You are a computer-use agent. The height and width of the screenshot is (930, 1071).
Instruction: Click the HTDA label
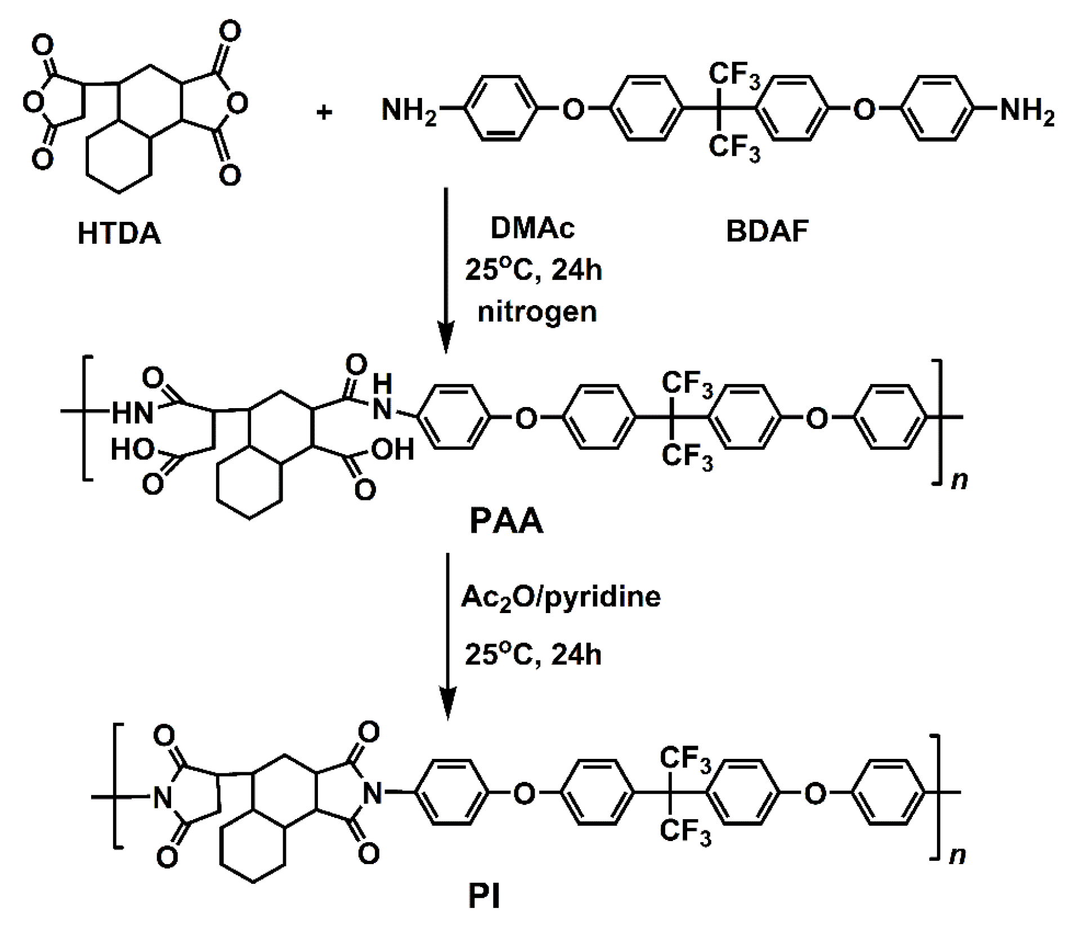pyautogui.click(x=119, y=233)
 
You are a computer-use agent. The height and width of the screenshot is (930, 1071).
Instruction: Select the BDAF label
pyautogui.click(x=767, y=231)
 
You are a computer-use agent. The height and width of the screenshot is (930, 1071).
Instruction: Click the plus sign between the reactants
pyautogui.click(x=324, y=113)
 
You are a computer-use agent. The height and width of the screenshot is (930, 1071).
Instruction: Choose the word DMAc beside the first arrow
pyautogui.click(x=532, y=229)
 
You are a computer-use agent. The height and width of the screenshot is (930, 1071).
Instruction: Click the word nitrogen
pyautogui.click(x=537, y=311)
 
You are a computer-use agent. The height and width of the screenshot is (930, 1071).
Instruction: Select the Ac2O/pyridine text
pyautogui.click(x=561, y=597)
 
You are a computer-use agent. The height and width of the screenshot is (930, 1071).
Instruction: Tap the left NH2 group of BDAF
pyautogui.click(x=409, y=110)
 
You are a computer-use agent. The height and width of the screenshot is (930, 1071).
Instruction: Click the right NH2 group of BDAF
pyautogui.click(x=1026, y=110)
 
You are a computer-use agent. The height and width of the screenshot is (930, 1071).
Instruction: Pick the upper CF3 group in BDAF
pyautogui.click(x=734, y=76)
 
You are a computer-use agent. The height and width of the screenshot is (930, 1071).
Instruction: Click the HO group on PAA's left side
pyautogui.click(x=132, y=450)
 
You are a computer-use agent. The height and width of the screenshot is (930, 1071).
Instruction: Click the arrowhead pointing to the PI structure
pyautogui.click(x=447, y=706)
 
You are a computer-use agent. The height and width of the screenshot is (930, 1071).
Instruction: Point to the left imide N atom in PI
pyautogui.click(x=162, y=796)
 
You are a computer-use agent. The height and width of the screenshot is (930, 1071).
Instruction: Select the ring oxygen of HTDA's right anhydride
pyautogui.click(x=239, y=103)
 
